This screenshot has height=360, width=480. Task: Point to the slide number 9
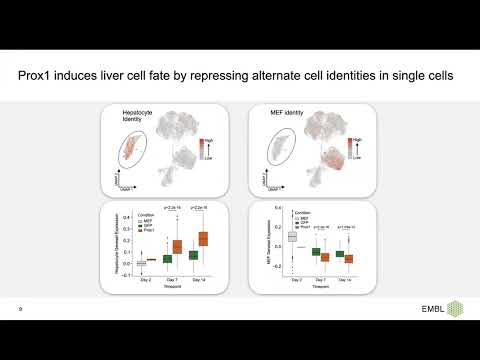pos(20,309)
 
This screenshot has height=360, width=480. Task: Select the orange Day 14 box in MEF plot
pos(348,258)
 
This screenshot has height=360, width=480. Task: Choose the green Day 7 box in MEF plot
pos(316,252)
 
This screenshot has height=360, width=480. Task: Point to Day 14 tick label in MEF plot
pos(344,279)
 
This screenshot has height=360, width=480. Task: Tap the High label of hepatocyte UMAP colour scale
pos(207,140)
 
